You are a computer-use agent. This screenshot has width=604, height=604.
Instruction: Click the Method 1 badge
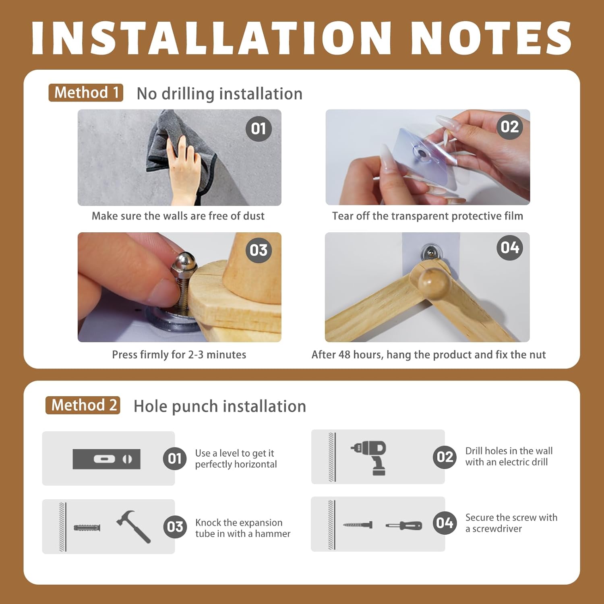[86, 93]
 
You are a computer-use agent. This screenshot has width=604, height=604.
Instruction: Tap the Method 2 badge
[83, 405]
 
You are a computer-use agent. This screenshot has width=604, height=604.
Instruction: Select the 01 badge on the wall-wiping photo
[259, 129]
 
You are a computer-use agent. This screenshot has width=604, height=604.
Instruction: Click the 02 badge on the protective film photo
[509, 127]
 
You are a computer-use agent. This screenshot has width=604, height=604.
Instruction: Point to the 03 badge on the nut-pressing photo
[259, 250]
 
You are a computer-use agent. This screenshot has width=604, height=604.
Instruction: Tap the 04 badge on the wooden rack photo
[509, 247]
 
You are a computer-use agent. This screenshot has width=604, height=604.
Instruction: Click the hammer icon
[133, 527]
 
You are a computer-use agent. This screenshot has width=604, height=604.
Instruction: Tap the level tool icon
[107, 459]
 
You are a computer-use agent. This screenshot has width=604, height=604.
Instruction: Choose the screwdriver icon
[404, 525]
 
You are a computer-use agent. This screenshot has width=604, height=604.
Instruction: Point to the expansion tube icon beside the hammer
[87, 527]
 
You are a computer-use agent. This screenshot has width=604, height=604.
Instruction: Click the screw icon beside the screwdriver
[358, 525]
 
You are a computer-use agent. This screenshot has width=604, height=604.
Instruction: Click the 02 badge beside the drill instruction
[445, 457]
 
